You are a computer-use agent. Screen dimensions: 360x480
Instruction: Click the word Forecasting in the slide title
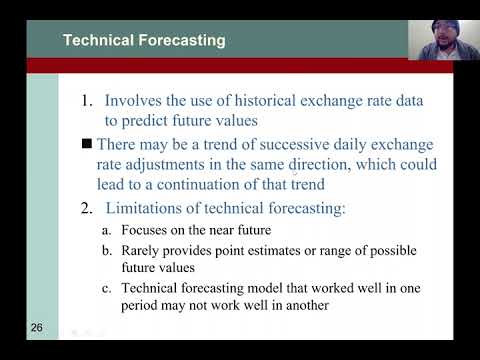[x=181, y=41]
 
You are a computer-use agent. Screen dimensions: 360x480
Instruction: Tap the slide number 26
[x=36, y=327]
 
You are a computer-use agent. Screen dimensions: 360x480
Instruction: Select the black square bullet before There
[x=86, y=142]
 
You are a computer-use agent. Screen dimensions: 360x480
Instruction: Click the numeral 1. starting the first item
[x=87, y=100]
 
